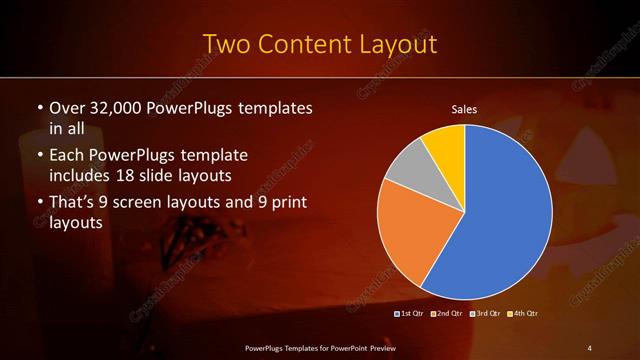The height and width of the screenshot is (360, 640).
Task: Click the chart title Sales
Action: coord(464,109)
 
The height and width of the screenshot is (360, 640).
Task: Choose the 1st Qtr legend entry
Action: coord(409,314)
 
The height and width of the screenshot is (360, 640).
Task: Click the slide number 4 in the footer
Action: coord(590,347)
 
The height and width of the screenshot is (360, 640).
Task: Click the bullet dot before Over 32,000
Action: coord(39,107)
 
